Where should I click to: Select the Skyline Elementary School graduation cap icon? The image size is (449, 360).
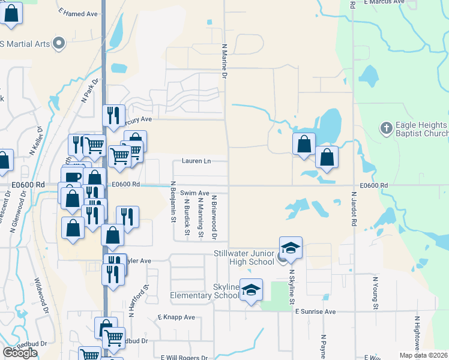click(x=252, y=289)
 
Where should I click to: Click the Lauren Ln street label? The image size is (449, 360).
click(x=197, y=161)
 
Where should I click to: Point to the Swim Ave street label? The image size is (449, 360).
click(x=194, y=193)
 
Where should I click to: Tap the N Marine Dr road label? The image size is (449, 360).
click(x=224, y=61)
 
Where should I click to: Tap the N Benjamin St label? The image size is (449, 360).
click(x=173, y=202)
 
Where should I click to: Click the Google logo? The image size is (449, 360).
click(x=20, y=353)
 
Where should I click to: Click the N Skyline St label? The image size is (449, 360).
click(x=292, y=288)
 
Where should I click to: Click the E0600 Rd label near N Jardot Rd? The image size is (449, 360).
click(x=375, y=186)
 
